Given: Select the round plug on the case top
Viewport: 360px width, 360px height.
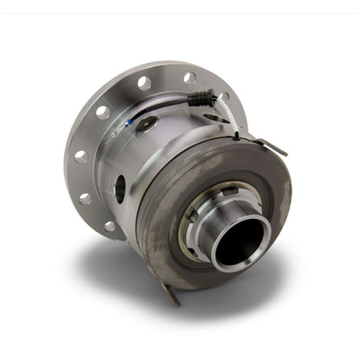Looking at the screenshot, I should (147, 125).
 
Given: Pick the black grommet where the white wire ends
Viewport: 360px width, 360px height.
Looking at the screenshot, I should (235, 135).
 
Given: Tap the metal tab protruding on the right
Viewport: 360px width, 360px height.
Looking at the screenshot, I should (272, 148).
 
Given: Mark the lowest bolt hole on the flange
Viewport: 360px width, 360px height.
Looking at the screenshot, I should (110, 227).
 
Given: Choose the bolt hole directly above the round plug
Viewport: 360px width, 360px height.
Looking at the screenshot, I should (144, 83).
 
